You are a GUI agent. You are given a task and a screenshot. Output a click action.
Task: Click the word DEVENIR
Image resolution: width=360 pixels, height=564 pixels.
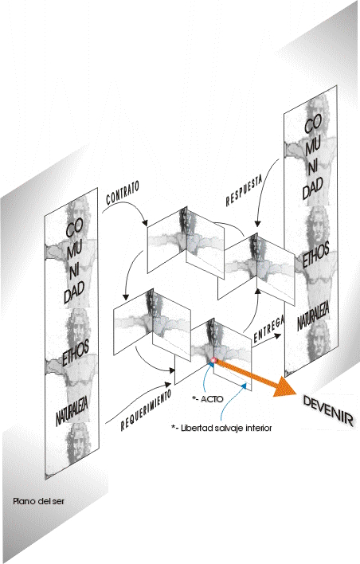pos(328,411)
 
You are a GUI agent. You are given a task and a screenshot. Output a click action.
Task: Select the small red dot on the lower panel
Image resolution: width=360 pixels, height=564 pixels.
pos(213,360)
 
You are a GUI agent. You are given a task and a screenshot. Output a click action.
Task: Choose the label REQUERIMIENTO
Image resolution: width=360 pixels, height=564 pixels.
pos(146,410)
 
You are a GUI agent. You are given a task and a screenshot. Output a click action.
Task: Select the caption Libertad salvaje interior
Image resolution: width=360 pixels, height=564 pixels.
pos(221,428)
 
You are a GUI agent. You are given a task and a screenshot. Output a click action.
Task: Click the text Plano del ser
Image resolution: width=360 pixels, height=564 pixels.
pos(38,501)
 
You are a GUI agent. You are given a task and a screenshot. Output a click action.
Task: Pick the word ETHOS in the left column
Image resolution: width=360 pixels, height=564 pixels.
pos(76,354)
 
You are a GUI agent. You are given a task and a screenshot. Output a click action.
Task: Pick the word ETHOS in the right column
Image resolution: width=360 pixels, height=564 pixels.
pos(315,255)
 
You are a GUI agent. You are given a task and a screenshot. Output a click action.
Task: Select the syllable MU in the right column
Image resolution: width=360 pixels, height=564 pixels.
pos(313,145)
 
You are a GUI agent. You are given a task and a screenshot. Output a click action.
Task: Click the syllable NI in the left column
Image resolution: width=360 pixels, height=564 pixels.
pos(74,271)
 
